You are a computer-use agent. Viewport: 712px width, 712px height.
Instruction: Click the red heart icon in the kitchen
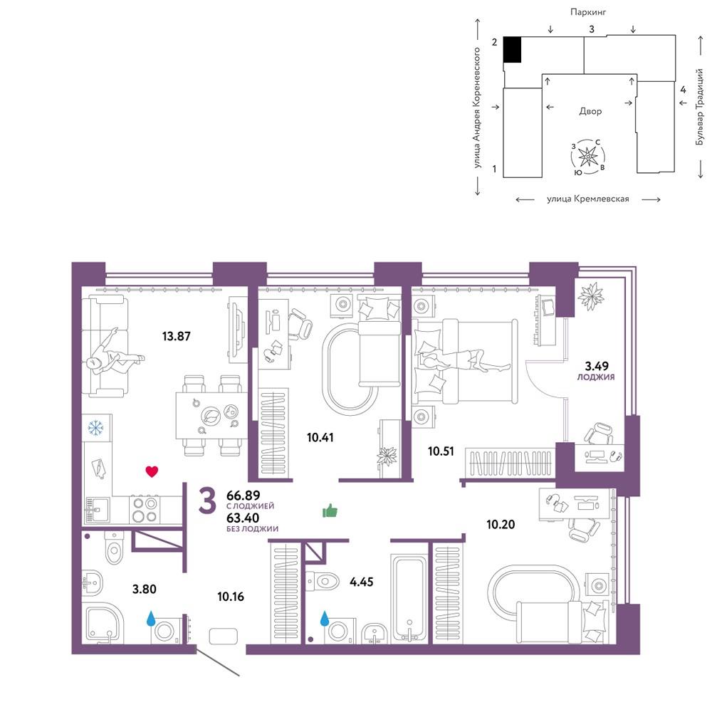(152, 471)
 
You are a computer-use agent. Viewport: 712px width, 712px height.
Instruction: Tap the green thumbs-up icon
(330, 511)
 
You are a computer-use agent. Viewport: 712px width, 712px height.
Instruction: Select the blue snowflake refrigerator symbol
(95, 427)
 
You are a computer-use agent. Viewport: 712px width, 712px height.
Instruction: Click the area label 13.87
(176, 336)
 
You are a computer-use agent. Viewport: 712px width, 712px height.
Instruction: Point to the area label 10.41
(320, 437)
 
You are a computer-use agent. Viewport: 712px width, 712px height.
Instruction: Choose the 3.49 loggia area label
(597, 365)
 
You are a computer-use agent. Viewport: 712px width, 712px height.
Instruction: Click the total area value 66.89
(243, 495)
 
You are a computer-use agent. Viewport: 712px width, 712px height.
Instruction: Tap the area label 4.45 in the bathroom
(362, 581)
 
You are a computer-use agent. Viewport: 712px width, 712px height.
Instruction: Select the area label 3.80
(145, 589)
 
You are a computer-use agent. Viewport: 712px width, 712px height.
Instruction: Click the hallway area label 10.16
(231, 596)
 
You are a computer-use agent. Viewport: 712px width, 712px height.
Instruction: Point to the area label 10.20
(501, 525)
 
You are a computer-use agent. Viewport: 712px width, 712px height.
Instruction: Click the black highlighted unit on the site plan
(513, 50)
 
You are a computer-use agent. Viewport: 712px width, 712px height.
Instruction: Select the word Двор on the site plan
(590, 111)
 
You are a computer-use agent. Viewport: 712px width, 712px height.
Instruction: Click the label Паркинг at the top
(588, 12)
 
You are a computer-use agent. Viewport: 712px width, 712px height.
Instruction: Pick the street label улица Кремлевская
(588, 199)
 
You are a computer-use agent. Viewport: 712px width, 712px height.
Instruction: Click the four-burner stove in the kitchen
(144, 510)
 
